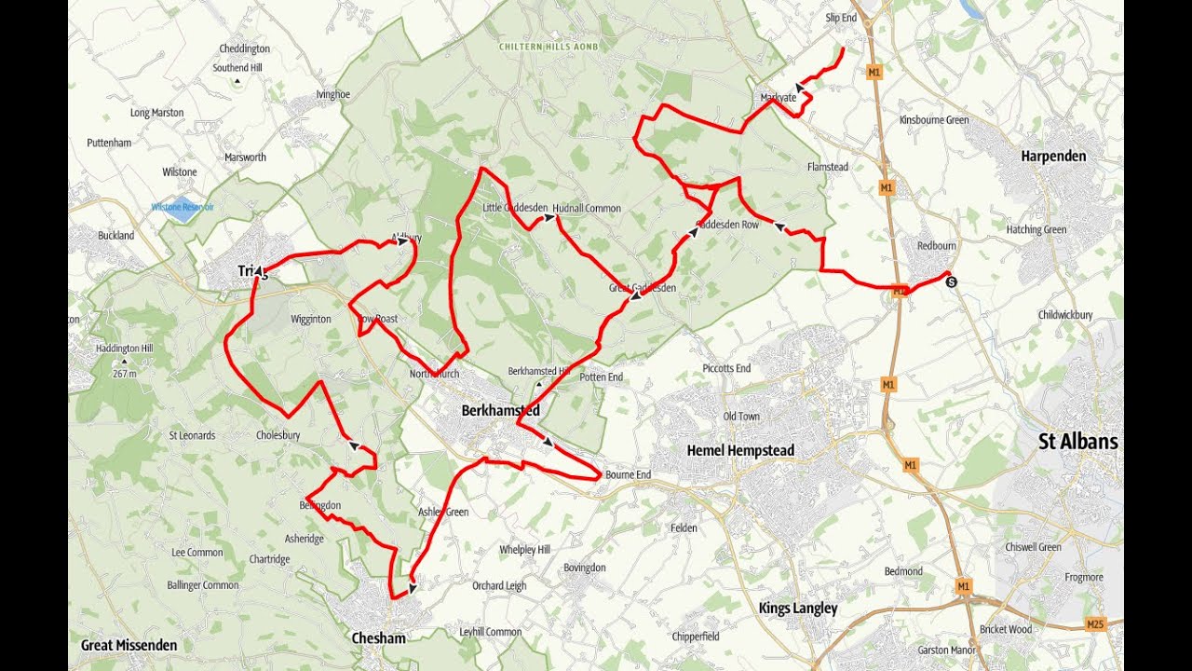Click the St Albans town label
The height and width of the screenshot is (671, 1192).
(1077, 442)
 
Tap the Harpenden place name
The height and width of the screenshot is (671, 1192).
(1053, 156)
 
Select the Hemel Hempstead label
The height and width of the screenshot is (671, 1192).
(740, 450)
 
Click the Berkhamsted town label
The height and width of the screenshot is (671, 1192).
(501, 410)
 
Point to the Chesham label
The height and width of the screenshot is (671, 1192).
(379, 638)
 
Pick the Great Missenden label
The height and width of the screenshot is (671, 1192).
(129, 645)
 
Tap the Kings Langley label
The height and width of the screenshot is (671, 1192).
(798, 609)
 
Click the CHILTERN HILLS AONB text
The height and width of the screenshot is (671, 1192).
(549, 46)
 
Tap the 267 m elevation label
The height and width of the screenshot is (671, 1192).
(124, 374)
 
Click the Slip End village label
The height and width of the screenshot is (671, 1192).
(841, 18)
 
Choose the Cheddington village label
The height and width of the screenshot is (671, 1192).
(244, 48)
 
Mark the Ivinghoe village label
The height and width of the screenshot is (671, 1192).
(332, 94)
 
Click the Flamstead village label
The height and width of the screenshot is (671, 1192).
(827, 167)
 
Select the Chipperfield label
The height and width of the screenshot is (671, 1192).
(696, 637)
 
